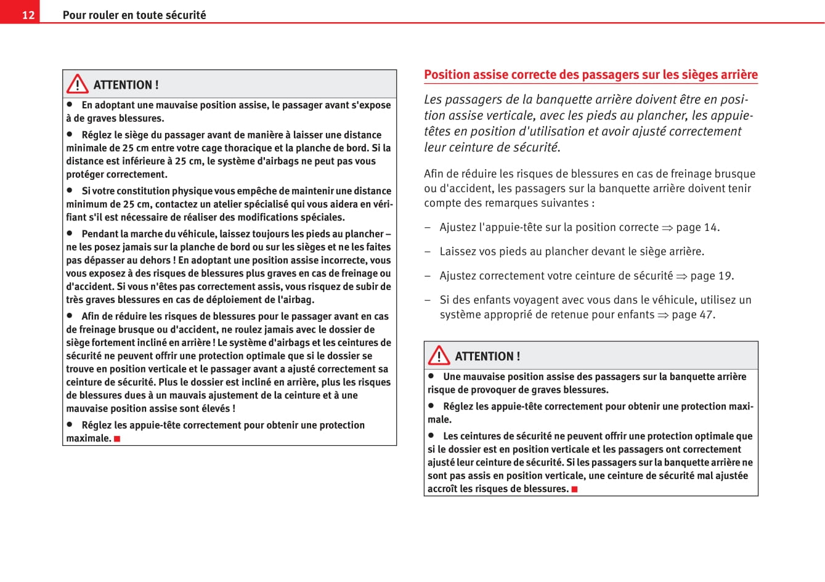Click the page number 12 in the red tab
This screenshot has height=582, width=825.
pyautogui.click(x=28, y=15)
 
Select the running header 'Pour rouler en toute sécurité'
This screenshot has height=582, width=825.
pyautogui.click(x=134, y=15)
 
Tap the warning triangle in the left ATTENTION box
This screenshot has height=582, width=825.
pyautogui.click(x=78, y=84)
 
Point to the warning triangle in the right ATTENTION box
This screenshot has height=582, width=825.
pyautogui.click(x=439, y=355)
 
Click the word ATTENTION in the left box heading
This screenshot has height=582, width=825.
pyautogui.click(x=126, y=85)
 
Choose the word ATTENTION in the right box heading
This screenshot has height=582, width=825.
pyautogui.click(x=487, y=357)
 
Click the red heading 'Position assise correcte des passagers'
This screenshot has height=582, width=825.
pyautogui.click(x=590, y=75)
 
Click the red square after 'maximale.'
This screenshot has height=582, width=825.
pyautogui.click(x=117, y=439)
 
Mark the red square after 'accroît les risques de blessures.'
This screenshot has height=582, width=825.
pyautogui.click(x=574, y=489)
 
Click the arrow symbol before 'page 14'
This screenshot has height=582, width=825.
pyautogui.click(x=667, y=228)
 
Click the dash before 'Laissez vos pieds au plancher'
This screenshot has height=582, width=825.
pyautogui.click(x=428, y=252)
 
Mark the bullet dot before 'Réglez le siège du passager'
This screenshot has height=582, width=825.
pyautogui.click(x=70, y=134)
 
